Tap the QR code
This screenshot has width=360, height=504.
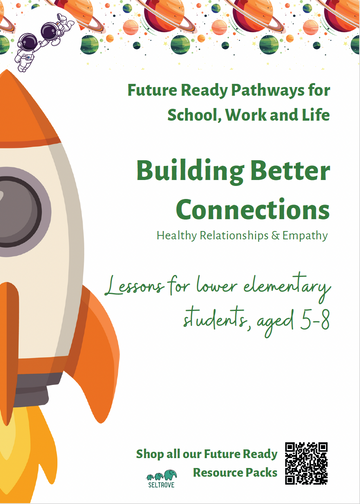coord(306,463)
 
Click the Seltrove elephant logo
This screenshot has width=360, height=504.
coord(159,477)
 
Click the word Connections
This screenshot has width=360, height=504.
coord(252,210)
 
